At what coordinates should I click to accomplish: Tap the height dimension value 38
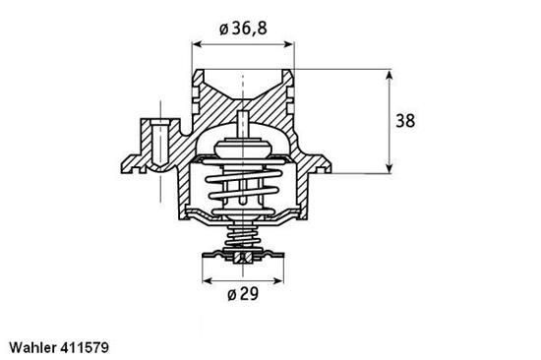(x=404, y=121)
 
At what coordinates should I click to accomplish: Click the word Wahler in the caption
(x=34, y=347)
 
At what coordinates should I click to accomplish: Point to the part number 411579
(x=94, y=347)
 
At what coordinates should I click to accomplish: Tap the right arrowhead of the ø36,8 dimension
(x=289, y=45)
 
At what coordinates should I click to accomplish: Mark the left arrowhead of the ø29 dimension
(x=207, y=280)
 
